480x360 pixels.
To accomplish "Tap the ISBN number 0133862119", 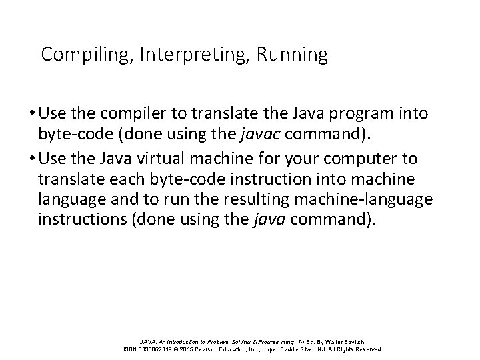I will pyautogui.click(x=155, y=349).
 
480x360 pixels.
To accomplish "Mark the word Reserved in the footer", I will pyautogui.click(x=366, y=349).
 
